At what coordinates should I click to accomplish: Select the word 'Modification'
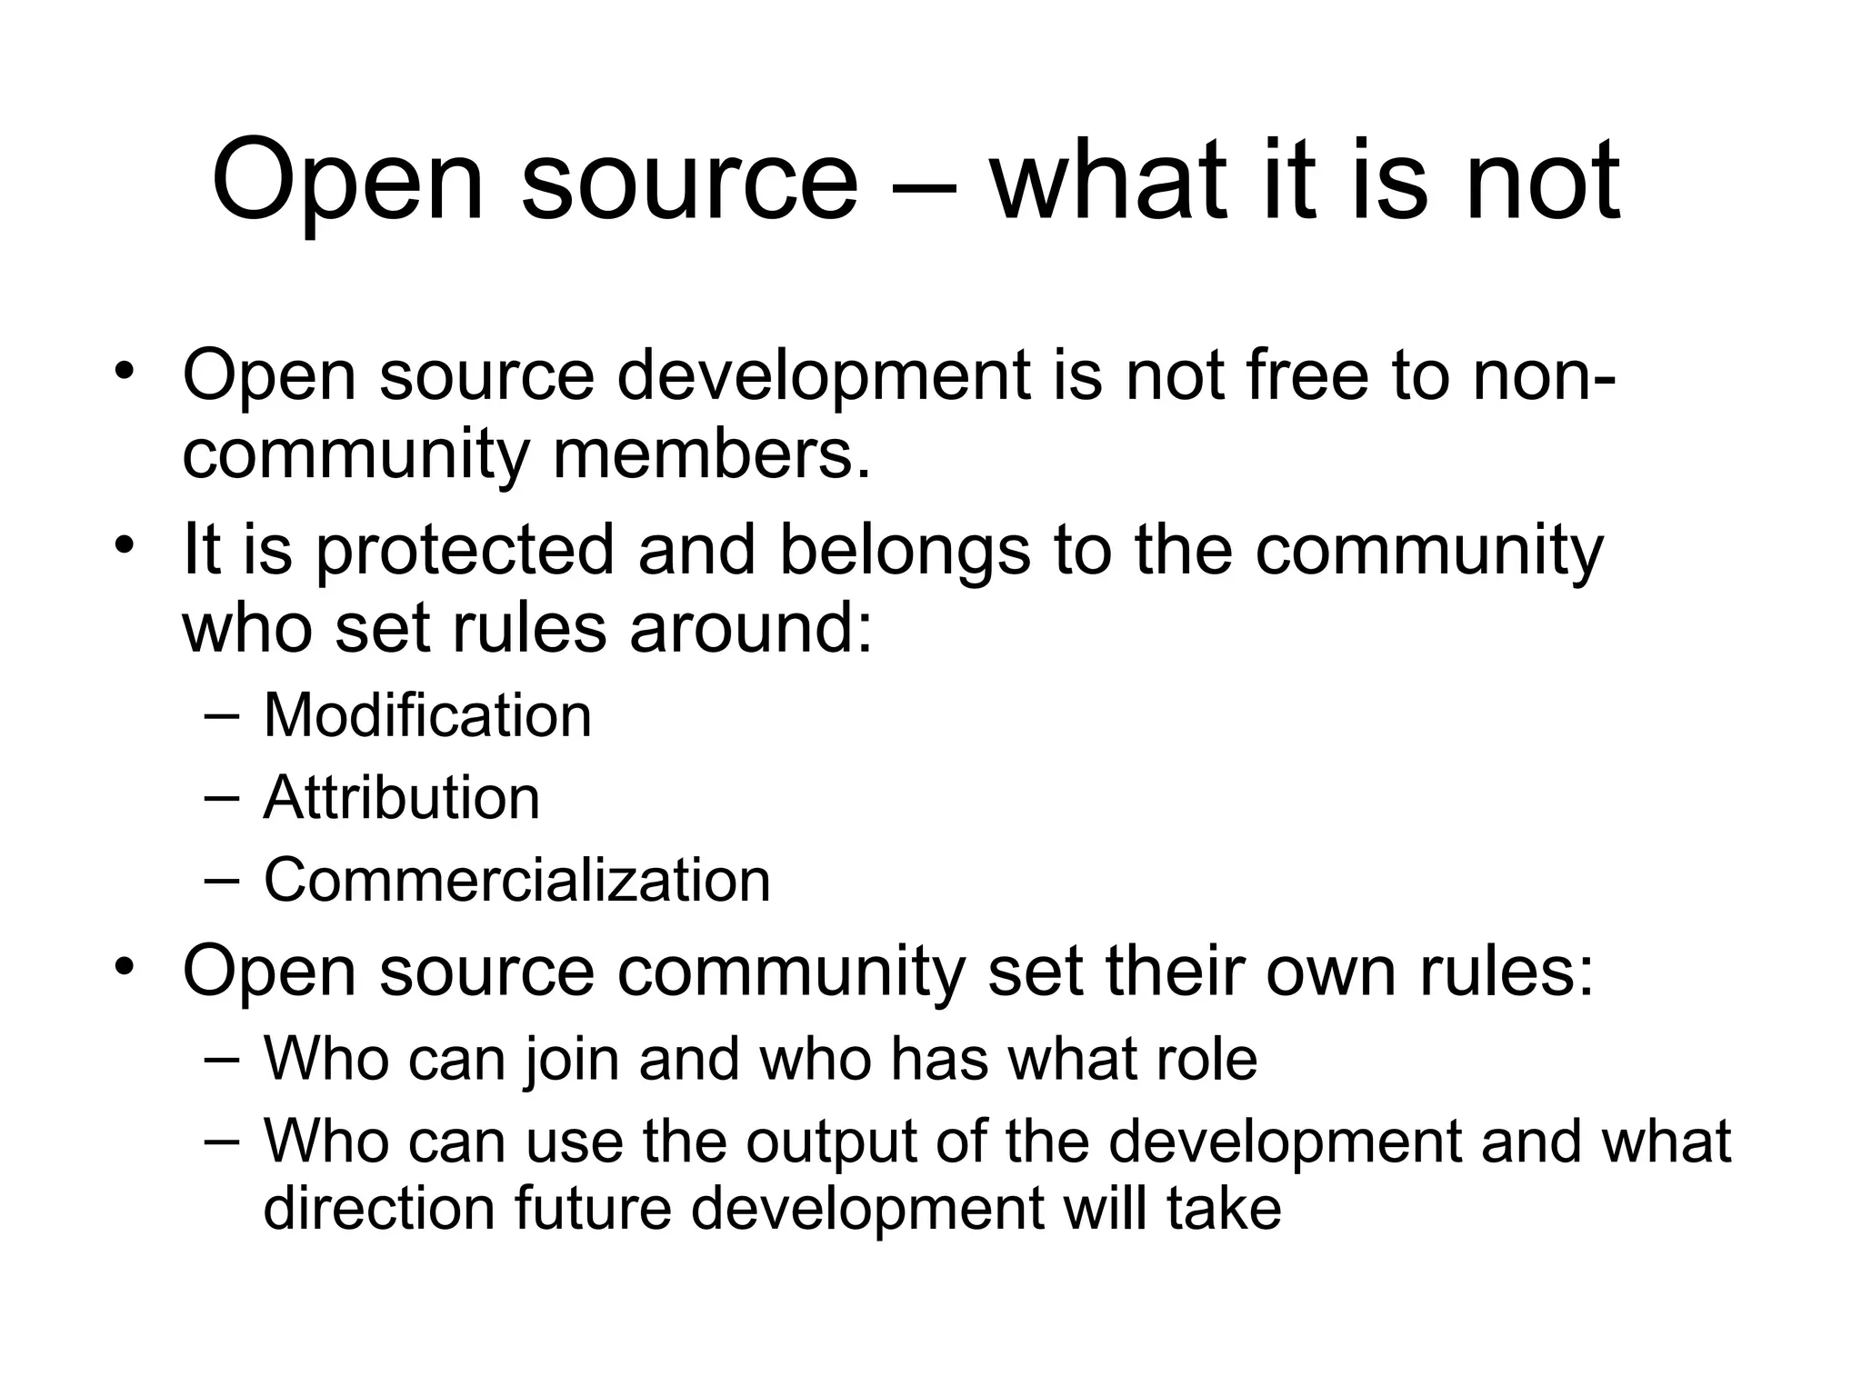427,715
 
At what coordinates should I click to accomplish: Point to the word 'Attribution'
402,798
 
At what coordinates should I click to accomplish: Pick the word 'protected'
465,550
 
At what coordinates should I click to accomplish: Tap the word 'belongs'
905,550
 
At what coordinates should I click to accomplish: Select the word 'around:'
751,628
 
